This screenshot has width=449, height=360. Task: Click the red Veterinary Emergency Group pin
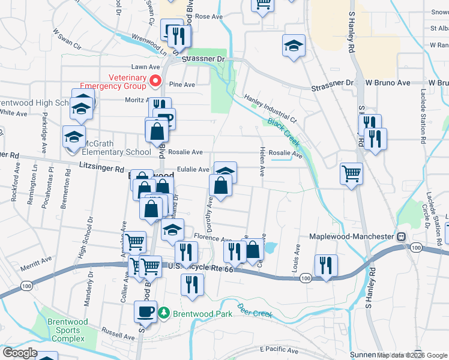[155, 80]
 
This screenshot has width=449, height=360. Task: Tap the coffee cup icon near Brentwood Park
[145, 311]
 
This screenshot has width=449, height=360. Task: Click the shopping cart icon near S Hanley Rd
[351, 174]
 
